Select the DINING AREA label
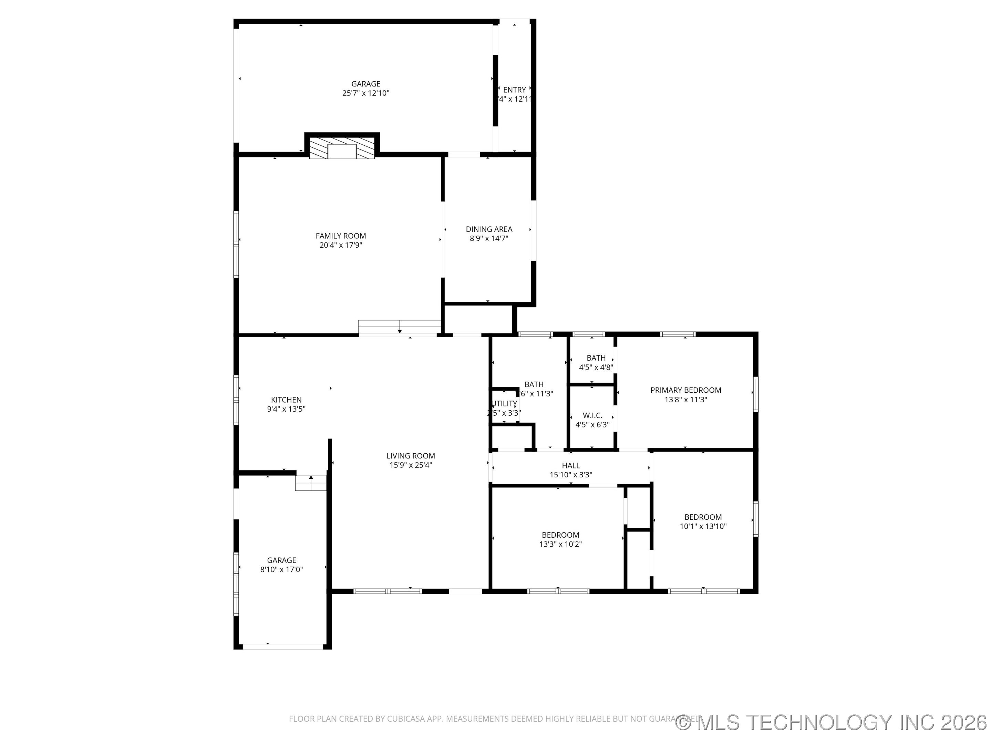coord(489,229)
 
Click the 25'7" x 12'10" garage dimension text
coord(365,93)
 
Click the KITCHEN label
coord(286,400)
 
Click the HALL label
coord(570,465)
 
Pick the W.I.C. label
coord(592,415)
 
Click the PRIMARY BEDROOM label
coord(686,390)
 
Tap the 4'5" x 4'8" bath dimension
coord(596,367)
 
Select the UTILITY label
coord(505,404)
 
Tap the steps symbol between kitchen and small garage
coord(310,484)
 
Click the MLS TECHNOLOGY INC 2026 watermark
coord(832,723)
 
